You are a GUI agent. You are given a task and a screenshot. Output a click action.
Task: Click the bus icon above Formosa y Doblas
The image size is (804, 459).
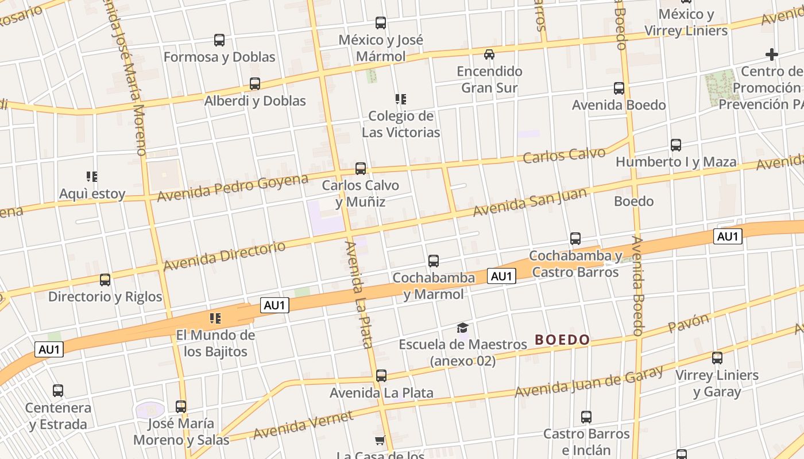click(x=219, y=40)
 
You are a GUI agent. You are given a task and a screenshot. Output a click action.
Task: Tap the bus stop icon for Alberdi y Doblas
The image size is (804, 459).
click(x=255, y=84)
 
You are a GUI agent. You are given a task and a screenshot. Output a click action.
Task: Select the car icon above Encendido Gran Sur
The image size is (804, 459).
click(x=489, y=55)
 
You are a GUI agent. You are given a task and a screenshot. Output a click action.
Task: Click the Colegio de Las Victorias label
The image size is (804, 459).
click(x=401, y=124)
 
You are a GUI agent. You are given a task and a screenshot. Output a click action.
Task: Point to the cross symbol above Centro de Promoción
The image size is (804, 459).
click(x=772, y=55)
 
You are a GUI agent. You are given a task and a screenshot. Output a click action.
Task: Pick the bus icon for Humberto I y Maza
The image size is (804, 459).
click(x=676, y=145)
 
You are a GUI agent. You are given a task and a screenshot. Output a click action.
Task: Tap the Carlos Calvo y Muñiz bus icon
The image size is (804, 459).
click(x=361, y=169)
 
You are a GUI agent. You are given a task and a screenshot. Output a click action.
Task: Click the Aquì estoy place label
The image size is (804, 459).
click(x=92, y=194)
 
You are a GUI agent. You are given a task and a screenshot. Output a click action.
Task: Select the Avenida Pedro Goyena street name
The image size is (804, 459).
click(x=233, y=187)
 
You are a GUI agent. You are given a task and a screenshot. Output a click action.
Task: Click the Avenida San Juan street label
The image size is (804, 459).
click(x=529, y=202)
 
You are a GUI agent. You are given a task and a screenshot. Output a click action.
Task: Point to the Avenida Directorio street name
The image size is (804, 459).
click(x=224, y=256)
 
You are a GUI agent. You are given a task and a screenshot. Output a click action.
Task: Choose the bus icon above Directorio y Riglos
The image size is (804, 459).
click(x=105, y=280)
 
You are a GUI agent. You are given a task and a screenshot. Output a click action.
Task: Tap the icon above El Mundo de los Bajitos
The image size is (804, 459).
click(x=215, y=318)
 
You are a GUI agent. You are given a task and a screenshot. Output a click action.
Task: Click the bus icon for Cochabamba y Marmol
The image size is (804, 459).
click(x=434, y=261)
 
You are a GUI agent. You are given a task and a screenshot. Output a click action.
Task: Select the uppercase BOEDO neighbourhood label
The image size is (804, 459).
click(x=562, y=340)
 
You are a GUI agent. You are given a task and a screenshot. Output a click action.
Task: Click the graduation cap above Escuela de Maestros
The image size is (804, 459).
click(x=462, y=328)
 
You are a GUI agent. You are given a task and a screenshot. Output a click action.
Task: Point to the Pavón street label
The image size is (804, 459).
click(x=689, y=323)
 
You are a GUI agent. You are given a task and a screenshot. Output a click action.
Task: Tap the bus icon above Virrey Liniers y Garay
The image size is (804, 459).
click(x=717, y=358)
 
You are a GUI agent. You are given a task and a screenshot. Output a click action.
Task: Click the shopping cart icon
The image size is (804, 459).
click(x=380, y=441)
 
